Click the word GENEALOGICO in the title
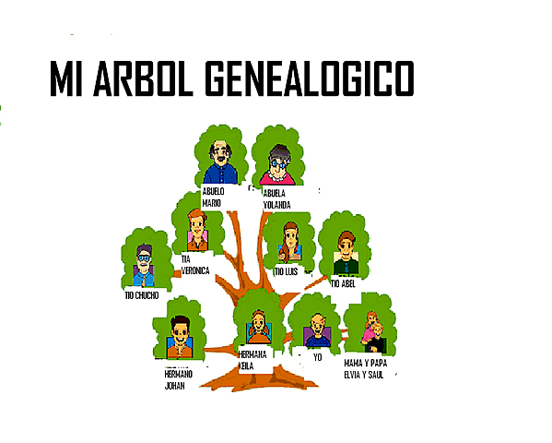click(x=310, y=78)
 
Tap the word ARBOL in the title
click(x=143, y=78)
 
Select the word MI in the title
click(x=66, y=78)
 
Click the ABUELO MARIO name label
click(x=213, y=198)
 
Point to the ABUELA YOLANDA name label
click(x=277, y=199)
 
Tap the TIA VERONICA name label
click(x=195, y=265)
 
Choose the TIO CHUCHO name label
click(x=142, y=295)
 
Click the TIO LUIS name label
click(x=287, y=271)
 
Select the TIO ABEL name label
click(x=343, y=283)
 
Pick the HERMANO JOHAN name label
click(x=179, y=379)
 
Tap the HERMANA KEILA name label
click(x=253, y=360)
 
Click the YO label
click(x=318, y=357)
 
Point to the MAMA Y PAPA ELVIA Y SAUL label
click(x=366, y=369)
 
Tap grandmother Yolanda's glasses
click(x=278, y=163)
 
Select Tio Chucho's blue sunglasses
click(x=144, y=258)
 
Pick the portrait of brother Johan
click(x=180, y=337)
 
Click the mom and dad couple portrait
click(x=373, y=331)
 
